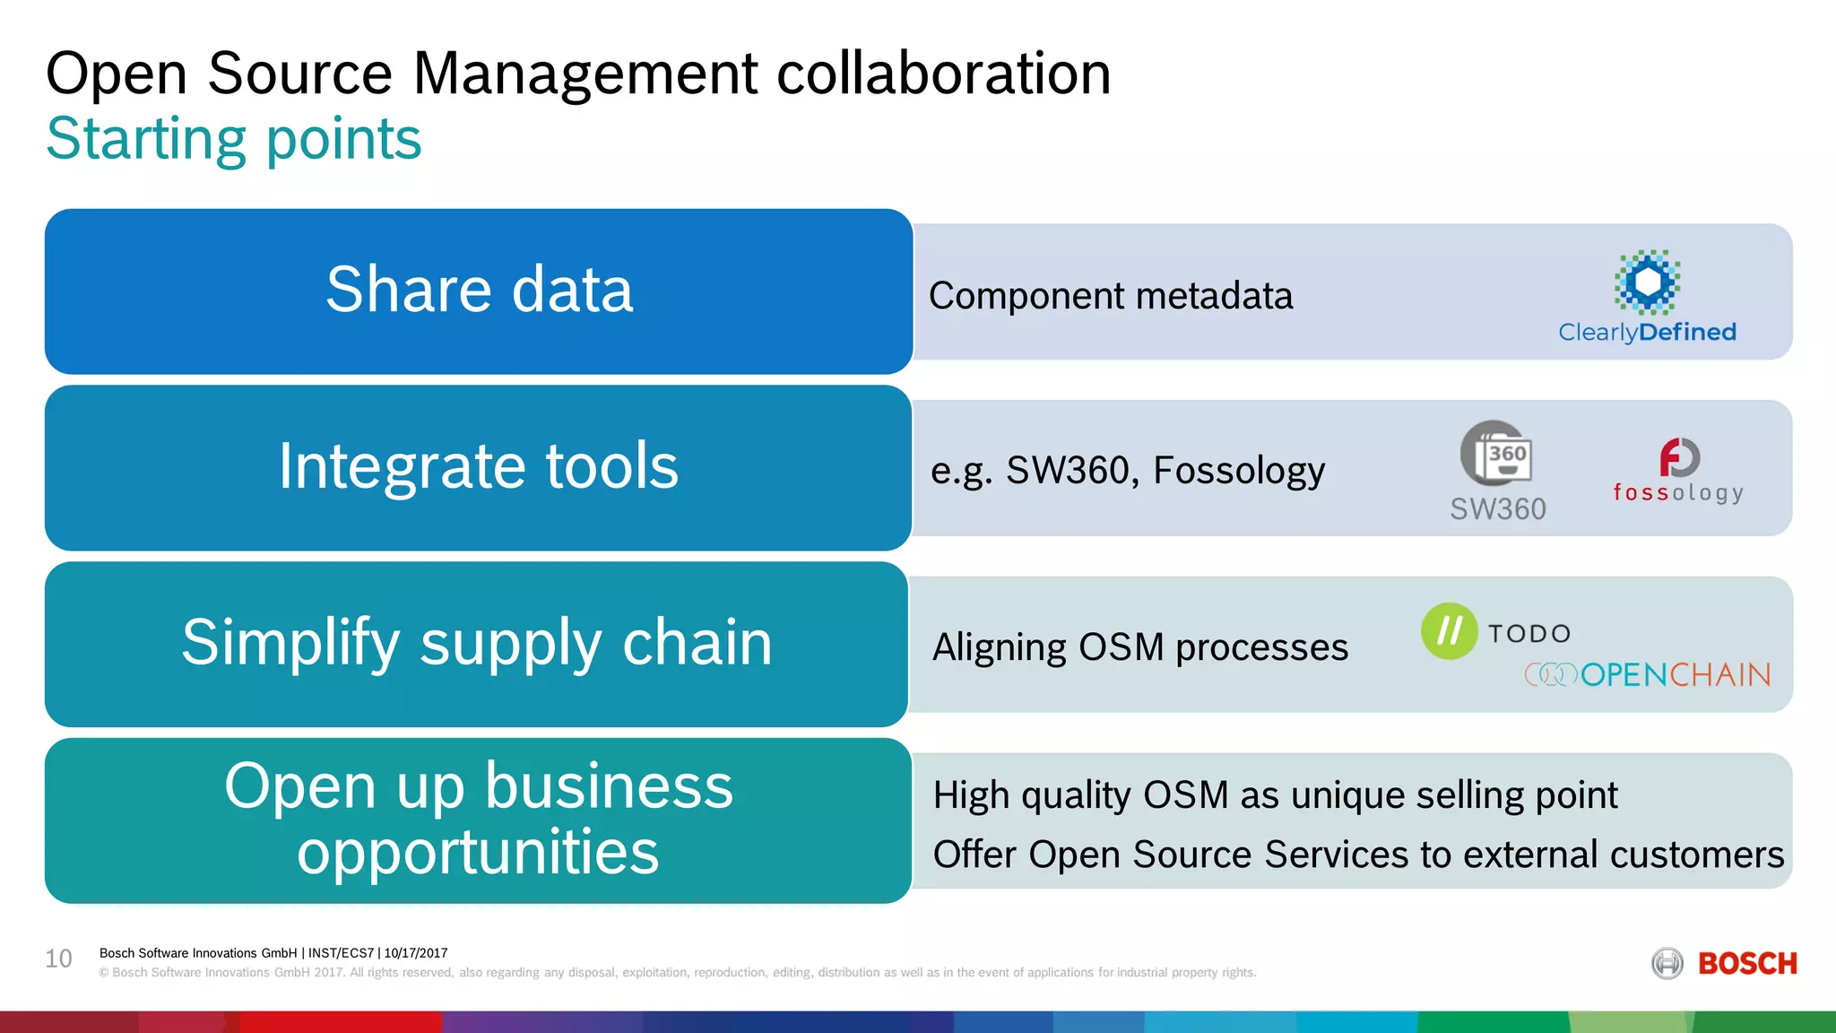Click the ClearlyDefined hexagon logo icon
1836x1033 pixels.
[1648, 282]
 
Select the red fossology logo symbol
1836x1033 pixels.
[1679, 457]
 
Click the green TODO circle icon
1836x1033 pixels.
[1449, 630]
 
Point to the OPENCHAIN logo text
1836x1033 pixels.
[1675, 674]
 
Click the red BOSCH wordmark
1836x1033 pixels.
[1747, 964]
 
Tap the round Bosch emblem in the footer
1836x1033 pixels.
[1667, 964]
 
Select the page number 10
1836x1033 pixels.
[59, 959]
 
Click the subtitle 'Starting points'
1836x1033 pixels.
[234, 139]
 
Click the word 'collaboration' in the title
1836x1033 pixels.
[943, 74]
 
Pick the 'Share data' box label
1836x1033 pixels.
[479, 290]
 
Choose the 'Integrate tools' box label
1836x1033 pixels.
[479, 466]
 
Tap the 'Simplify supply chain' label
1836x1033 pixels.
[477, 643]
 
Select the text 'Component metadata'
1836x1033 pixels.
[1111, 296]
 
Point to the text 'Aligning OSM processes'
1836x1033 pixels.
[1140, 647]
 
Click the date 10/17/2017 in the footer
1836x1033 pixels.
[416, 953]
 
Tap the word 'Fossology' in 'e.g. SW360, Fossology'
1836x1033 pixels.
[1239, 471]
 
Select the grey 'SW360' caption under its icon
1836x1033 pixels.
[1498, 509]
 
